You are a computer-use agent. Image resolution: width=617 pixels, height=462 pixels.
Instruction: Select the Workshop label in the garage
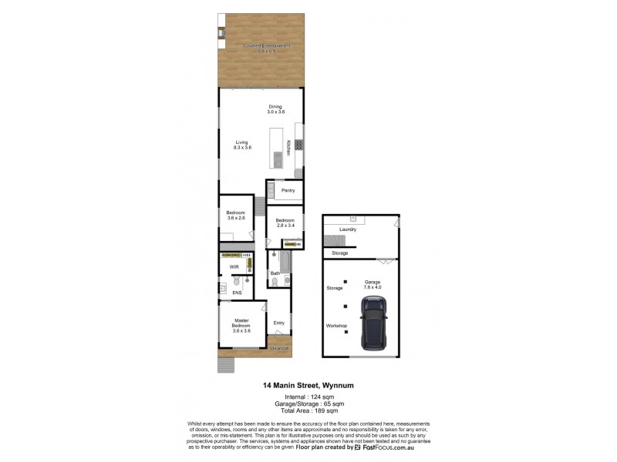point(336,326)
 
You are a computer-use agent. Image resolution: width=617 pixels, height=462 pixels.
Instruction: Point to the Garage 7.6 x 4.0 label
point(373,285)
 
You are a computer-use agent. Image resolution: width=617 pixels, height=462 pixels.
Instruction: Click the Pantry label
point(288,190)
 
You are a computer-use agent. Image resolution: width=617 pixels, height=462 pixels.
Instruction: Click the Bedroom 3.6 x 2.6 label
point(235,216)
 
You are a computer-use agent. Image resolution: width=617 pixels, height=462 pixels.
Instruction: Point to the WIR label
point(233,267)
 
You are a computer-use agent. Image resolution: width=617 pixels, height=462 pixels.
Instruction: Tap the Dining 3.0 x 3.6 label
point(275,109)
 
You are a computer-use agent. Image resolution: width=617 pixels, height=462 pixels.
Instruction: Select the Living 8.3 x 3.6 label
point(242,144)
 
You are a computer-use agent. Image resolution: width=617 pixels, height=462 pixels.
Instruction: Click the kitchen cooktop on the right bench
point(298,143)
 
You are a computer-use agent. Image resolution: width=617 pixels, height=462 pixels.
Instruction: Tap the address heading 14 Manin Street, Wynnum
point(308,385)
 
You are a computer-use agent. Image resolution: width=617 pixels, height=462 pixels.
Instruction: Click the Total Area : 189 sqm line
point(308,411)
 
